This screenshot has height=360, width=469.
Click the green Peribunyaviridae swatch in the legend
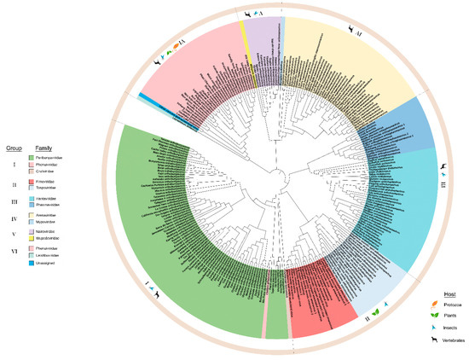pos(32,158)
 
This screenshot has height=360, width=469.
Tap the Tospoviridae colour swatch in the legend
pos(32,187)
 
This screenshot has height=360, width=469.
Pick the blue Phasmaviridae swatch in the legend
pos(32,205)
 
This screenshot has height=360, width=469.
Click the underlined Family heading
pos(39,147)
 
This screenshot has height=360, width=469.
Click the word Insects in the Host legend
pos(449,328)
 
